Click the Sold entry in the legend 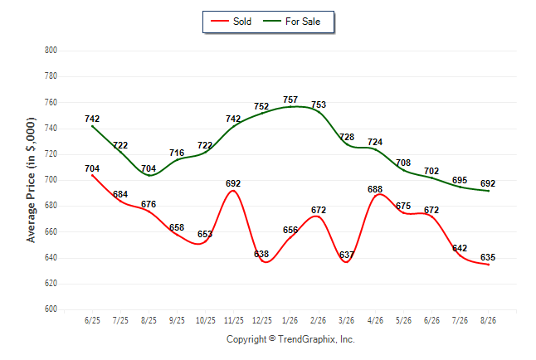(231, 22)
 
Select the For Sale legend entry (291, 22)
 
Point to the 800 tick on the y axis (51, 51)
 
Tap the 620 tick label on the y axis (51, 284)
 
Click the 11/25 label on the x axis (233, 320)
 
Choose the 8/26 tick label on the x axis (488, 320)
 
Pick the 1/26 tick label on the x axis (290, 320)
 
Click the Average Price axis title (31, 180)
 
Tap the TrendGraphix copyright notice (290, 339)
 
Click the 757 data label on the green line (290, 100)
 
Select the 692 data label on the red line (233, 183)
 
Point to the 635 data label (488, 257)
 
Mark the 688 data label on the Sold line (375, 189)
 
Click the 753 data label (319, 105)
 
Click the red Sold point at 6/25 (92, 175)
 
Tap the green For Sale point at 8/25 (149, 175)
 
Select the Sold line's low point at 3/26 (347, 262)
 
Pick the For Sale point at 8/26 (488, 191)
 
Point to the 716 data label (177, 153)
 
